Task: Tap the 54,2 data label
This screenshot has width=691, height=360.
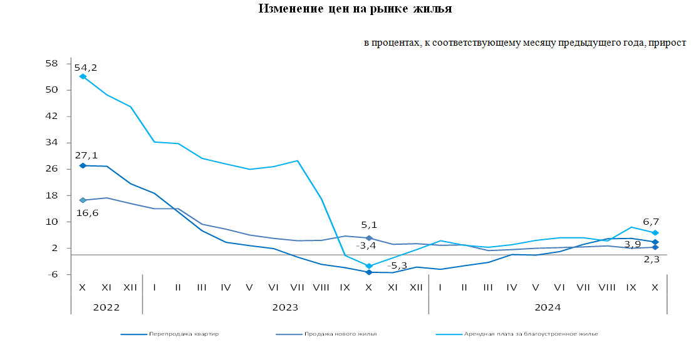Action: (86, 68)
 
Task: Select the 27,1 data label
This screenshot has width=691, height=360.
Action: (86, 155)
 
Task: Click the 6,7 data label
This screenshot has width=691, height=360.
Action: (651, 222)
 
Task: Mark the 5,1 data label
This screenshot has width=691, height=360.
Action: (369, 225)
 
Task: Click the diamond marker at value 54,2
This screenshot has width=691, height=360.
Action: (83, 76)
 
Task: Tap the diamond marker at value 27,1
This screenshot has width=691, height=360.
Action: (83, 165)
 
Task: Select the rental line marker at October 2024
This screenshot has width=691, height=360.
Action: (655, 233)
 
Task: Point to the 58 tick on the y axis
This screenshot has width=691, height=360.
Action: (52, 63)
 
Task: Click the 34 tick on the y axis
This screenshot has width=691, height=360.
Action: (52, 143)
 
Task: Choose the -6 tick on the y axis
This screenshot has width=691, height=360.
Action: (52, 275)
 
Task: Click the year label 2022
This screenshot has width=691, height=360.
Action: (106, 307)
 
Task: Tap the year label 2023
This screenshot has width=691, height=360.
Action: (285, 307)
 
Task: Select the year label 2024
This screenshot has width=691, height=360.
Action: (547, 307)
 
